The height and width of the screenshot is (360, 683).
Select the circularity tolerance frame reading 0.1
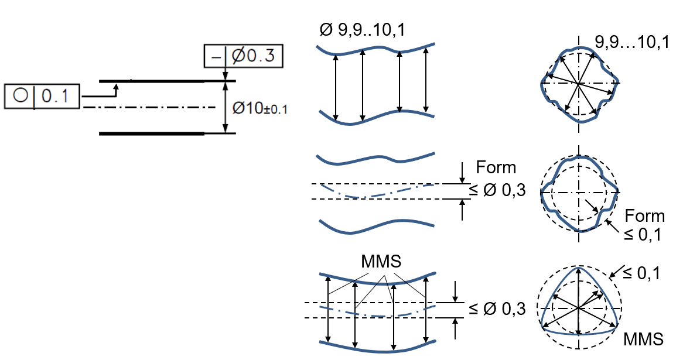pos(42,96)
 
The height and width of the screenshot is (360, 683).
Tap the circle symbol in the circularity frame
pos(21,96)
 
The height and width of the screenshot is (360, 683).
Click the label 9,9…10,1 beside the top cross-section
pos(631,42)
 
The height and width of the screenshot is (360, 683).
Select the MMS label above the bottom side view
pos(381,261)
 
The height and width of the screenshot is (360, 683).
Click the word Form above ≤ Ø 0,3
pos(496,167)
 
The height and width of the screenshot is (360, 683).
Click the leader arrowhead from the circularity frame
pos(116,85)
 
